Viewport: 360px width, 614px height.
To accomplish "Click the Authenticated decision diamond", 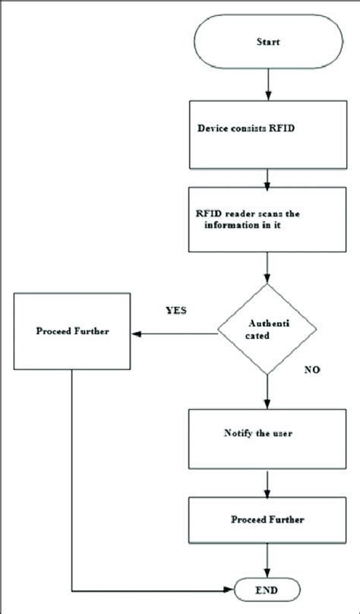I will [266, 330].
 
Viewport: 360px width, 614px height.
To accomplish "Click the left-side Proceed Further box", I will [72, 333].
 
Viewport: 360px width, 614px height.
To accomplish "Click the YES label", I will [176, 311].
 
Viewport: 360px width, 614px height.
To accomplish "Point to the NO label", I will [312, 371].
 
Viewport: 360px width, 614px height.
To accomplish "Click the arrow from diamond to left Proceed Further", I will [175, 333].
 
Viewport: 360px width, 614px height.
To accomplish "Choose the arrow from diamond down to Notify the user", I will [267, 392].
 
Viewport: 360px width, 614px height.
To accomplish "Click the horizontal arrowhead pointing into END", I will [229, 590].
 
